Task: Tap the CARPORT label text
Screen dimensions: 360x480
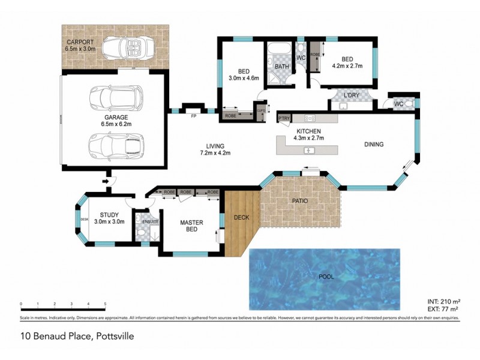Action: [x=80, y=43]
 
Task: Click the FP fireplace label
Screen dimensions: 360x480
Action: [x=193, y=115]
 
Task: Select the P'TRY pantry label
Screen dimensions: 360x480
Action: [x=284, y=119]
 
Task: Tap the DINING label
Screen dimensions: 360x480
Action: [x=373, y=144]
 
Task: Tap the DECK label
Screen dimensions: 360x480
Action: [x=241, y=217]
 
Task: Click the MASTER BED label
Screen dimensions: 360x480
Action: [x=192, y=226]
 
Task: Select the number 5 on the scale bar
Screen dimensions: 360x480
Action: [x=105, y=304]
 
